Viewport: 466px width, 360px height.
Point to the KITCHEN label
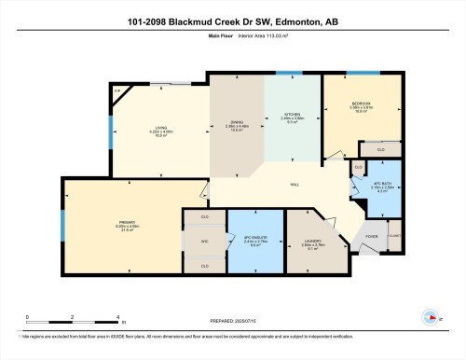[x=294, y=116]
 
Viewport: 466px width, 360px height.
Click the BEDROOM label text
[x=363, y=104]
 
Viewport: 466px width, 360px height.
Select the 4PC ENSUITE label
[x=254, y=238]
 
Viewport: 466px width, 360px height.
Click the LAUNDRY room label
[x=312, y=244]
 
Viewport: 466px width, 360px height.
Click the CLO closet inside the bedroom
[x=381, y=148]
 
